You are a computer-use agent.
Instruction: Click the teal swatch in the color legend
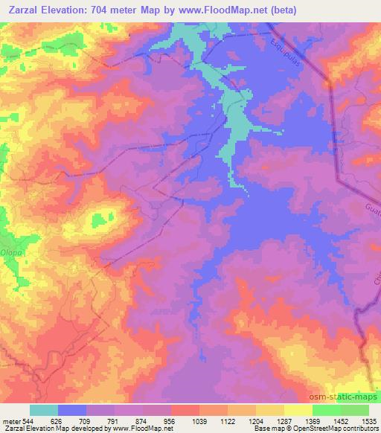coord(44,410)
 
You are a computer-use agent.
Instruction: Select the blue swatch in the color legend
coord(72,410)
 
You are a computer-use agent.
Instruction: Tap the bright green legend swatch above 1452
coord(327,410)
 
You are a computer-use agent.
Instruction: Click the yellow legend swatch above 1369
coord(298,410)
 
